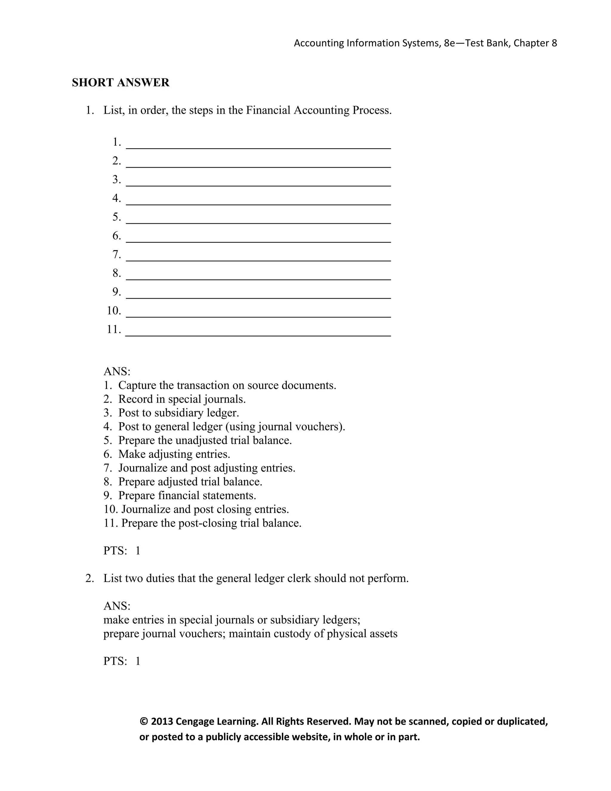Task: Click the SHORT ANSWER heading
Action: (x=121, y=83)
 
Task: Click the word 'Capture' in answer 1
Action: (x=137, y=385)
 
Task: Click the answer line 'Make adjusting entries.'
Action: (x=174, y=454)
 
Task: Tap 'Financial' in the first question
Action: (x=268, y=110)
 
